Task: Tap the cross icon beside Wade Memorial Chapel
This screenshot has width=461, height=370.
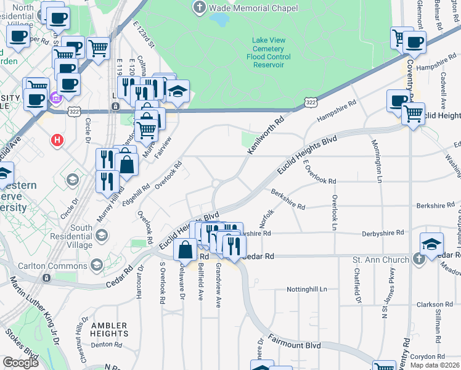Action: (x=199, y=8)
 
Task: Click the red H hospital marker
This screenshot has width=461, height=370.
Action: (x=58, y=141)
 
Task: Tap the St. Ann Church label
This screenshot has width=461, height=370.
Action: (x=380, y=260)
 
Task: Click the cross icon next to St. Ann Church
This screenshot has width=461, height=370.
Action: (x=418, y=260)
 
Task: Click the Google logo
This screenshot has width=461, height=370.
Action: (x=21, y=363)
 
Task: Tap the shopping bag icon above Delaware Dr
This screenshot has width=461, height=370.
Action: (x=186, y=250)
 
